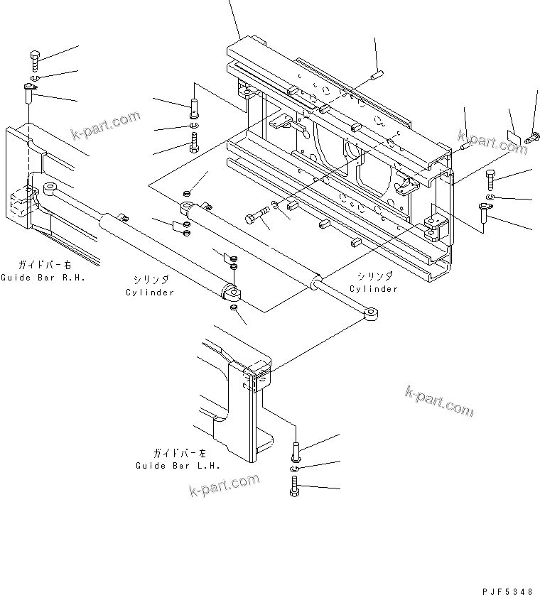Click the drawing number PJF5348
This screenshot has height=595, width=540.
tap(508, 591)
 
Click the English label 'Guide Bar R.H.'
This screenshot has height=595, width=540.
tap(43, 278)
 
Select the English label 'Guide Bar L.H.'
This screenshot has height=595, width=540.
tap(178, 466)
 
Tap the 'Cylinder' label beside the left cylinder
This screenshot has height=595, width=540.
tap(150, 293)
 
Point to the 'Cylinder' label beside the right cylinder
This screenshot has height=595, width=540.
tap(374, 289)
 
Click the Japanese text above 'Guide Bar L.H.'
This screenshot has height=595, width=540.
tap(180, 453)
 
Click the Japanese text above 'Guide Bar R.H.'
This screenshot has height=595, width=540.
tap(45, 265)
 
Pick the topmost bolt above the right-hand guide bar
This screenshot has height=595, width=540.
tap(35, 61)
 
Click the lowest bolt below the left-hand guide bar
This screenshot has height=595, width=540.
tap(295, 487)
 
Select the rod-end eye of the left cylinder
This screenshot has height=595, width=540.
tap(50, 187)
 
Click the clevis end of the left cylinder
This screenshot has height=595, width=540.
tap(232, 292)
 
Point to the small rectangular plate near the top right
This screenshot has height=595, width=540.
tap(514, 137)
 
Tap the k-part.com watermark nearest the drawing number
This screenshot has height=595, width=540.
tap(439, 401)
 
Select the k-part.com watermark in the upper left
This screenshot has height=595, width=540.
tap(106, 125)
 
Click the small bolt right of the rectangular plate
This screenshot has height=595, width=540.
tap(532, 138)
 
